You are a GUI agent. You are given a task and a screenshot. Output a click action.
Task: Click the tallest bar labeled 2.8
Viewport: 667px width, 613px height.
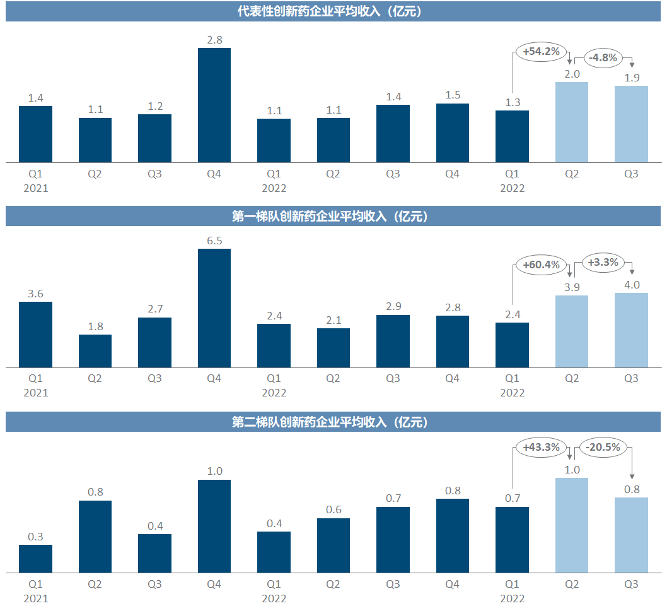click(214, 105)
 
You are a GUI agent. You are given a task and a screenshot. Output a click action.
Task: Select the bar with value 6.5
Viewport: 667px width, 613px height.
click(214, 308)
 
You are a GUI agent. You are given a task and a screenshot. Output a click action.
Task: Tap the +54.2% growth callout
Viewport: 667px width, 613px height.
click(541, 52)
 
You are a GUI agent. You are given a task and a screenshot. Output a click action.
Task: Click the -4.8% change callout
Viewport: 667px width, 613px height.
click(603, 58)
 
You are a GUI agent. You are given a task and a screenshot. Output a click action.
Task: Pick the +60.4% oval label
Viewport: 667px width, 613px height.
click(541, 265)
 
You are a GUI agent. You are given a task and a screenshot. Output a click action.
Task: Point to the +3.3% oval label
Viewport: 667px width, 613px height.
click(603, 261)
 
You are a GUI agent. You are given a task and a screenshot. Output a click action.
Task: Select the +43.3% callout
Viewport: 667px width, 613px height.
click(541, 448)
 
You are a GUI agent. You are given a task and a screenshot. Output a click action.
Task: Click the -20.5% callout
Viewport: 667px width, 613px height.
click(603, 448)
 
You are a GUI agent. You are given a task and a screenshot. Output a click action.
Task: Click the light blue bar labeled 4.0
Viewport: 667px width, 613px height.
click(631, 330)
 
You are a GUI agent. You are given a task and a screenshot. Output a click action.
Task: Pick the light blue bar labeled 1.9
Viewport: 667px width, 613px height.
click(631, 124)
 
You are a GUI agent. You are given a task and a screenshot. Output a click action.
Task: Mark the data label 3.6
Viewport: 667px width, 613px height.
click(35, 294)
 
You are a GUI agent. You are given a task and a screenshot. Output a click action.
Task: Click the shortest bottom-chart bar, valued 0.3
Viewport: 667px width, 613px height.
click(35, 559)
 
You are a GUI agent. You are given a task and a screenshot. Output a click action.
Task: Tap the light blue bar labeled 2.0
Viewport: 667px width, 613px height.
click(571, 122)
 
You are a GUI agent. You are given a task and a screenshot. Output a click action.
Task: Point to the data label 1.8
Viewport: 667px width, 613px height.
click(95, 326)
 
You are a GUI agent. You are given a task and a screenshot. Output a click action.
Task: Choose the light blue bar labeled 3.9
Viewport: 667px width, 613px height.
click(571, 331)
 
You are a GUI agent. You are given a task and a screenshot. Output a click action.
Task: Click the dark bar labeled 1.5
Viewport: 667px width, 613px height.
click(452, 133)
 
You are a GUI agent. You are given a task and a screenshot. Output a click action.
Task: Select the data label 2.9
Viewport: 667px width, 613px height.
click(393, 307)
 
